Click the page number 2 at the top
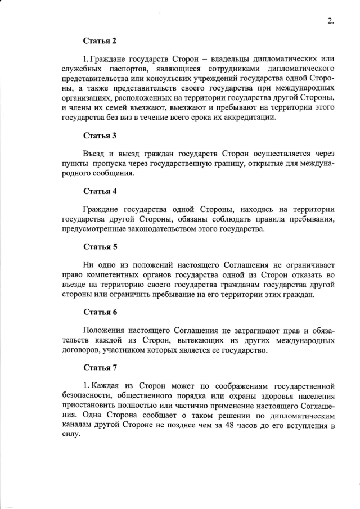(330, 22)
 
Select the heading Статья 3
(100, 136)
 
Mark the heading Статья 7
(100, 368)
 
